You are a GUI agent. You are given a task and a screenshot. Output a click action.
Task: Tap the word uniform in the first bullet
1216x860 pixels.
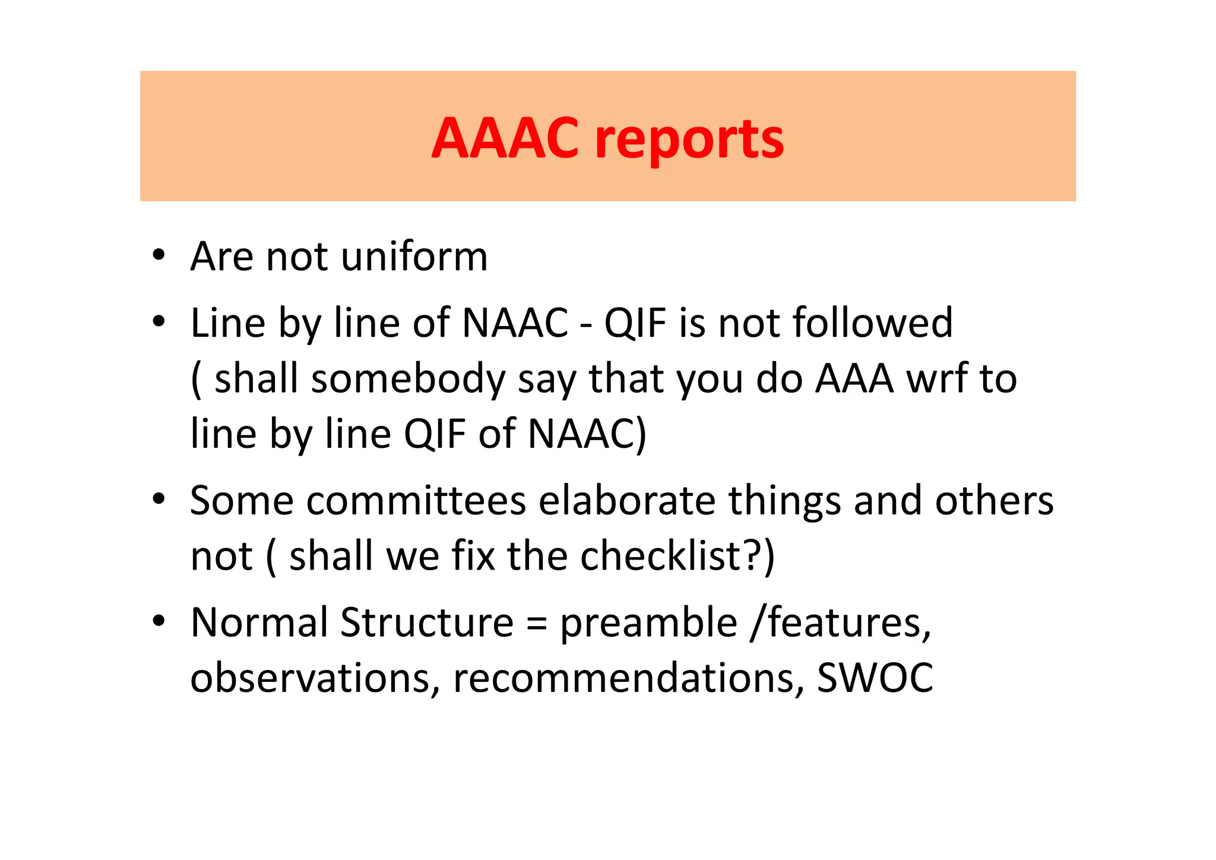click(x=414, y=257)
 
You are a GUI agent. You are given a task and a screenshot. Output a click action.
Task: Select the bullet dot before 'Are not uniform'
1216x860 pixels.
click(x=158, y=255)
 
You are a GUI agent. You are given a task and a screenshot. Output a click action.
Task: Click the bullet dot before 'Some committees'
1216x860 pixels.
click(x=158, y=499)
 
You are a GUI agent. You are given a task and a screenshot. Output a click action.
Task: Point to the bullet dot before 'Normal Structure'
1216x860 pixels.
click(x=158, y=621)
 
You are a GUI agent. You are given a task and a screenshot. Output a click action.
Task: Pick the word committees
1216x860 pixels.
click(x=416, y=500)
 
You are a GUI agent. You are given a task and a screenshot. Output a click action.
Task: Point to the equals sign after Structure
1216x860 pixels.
click(x=537, y=624)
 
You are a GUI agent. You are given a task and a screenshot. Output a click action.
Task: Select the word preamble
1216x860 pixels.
click(x=648, y=624)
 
